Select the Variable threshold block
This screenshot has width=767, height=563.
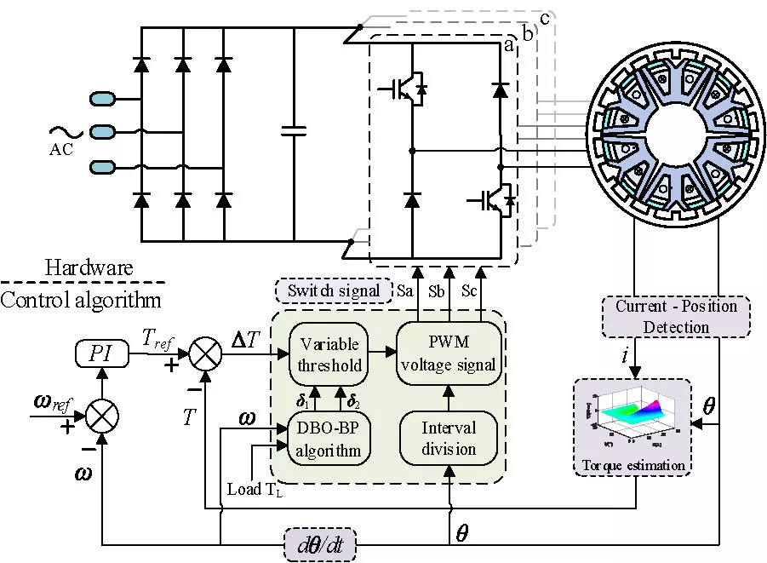click(x=329, y=348)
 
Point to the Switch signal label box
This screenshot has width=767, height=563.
click(x=333, y=290)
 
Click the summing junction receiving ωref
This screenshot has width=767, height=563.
click(x=102, y=417)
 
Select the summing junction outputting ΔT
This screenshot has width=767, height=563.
click(x=205, y=352)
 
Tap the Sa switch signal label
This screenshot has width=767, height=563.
click(x=407, y=291)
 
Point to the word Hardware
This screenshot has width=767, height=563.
click(x=89, y=268)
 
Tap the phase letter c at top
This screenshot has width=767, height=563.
click(x=546, y=18)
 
